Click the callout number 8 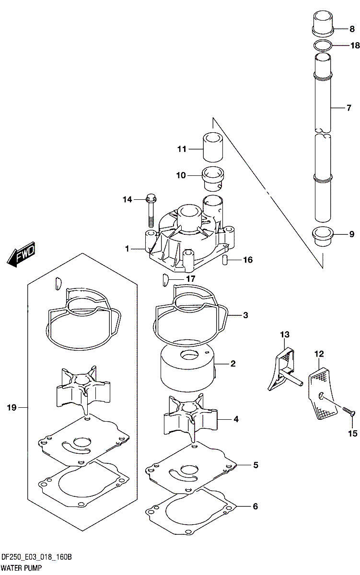point(352,29)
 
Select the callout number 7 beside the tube point(348,108)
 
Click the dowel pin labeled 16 point(225,260)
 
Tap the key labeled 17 point(164,279)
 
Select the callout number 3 point(245,315)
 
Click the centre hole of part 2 point(189,355)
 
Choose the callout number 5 point(255,465)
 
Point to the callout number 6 point(255,506)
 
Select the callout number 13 point(285,334)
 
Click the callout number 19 point(12,407)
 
